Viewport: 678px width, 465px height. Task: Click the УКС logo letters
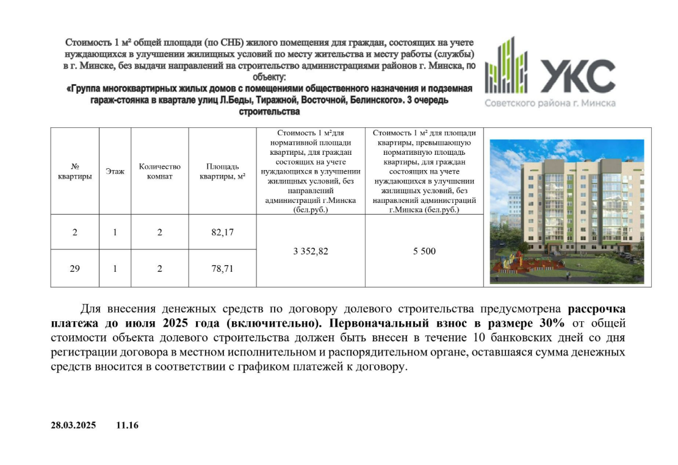coord(577,76)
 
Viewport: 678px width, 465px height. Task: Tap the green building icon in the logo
coord(506,64)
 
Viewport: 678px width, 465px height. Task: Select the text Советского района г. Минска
coord(550,103)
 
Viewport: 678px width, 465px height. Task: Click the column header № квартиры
coord(74,171)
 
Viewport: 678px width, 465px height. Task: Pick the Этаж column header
coord(115,171)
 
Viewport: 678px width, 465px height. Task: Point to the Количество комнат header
coord(160,171)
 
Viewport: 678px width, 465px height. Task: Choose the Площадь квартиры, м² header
coord(223,171)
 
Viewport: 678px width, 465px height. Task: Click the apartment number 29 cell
coord(74,268)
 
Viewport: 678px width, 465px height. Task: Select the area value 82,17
coord(223,232)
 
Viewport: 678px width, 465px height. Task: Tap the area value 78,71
coord(223,268)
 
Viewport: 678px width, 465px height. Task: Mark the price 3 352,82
coord(310,250)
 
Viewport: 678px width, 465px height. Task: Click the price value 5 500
coord(425,250)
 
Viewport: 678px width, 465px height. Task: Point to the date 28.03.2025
coord(73,425)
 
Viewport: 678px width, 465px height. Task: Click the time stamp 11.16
coord(128,425)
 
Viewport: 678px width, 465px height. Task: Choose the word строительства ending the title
coord(269,112)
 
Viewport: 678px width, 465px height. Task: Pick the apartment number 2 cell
coord(74,232)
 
